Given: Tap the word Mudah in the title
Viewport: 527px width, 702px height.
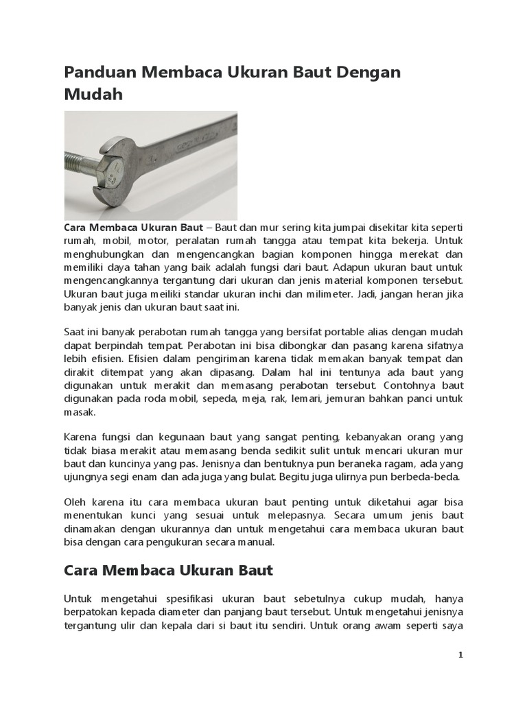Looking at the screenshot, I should click(x=93, y=95).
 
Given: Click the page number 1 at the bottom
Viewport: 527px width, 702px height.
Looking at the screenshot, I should click(x=461, y=655).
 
